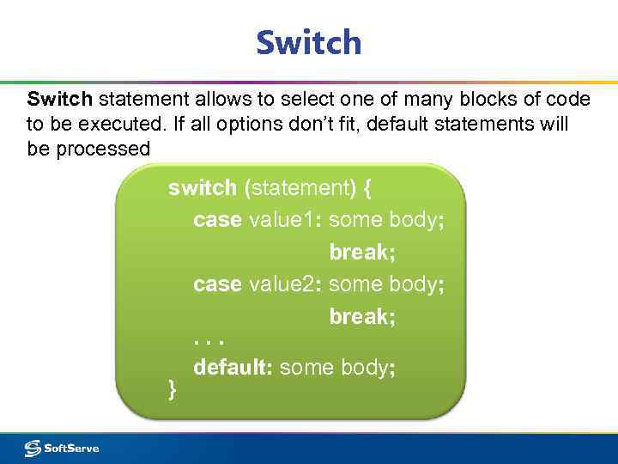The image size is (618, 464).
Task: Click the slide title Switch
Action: [308, 42]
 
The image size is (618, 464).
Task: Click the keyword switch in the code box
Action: [203, 187]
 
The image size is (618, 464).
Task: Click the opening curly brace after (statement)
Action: [355, 187]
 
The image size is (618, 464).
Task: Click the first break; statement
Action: [362, 253]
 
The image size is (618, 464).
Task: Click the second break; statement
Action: [362, 317]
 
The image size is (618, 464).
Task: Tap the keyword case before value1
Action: [217, 220]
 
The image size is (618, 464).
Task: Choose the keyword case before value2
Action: [217, 284]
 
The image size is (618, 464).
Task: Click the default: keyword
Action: [233, 368]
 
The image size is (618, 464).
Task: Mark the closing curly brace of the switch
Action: [173, 390]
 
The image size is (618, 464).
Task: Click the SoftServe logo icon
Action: [33, 448]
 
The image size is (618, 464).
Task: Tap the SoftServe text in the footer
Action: [72, 448]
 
